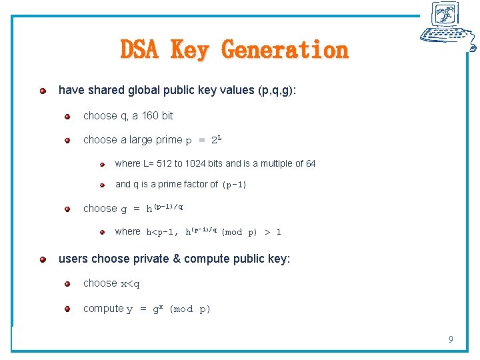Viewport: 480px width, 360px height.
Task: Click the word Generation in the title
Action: tap(285, 50)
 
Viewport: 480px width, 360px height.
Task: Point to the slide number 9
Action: tap(451, 340)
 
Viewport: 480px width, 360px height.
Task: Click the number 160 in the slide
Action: tap(151, 116)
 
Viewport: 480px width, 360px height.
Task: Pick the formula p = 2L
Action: tap(203, 141)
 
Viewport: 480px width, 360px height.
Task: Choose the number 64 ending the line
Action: tap(310, 163)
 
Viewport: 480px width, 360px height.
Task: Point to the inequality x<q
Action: tap(131, 284)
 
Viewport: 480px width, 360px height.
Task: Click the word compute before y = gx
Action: tap(103, 309)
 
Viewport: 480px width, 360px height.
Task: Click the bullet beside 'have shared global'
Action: tap(43, 90)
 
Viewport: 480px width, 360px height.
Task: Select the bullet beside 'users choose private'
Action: tap(43, 259)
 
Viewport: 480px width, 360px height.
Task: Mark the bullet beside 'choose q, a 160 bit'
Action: tap(67, 117)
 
